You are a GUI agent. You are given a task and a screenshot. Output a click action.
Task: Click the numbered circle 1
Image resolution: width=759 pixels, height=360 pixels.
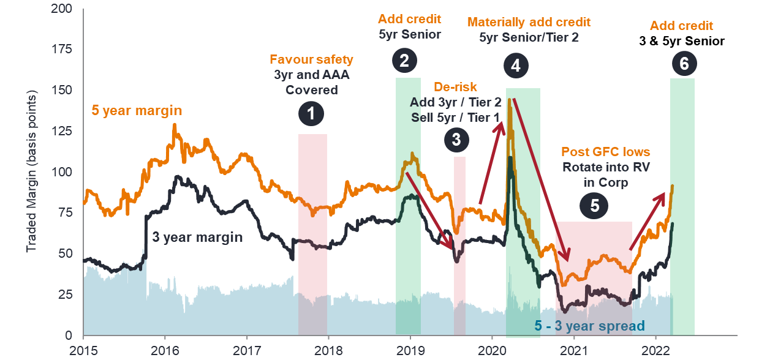click(312, 114)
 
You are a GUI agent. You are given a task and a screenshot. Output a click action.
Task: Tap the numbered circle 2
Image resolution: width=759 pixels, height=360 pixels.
click(404, 61)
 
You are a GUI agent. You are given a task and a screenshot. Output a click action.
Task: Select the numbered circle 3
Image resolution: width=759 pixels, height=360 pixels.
click(456, 139)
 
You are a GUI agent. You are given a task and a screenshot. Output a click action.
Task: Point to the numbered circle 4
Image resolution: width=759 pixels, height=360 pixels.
click(516, 66)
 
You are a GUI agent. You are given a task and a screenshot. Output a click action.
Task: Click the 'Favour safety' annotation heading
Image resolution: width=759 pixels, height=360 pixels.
click(311, 60)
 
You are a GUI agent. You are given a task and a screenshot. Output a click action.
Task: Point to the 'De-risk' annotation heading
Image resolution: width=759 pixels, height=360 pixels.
click(455, 87)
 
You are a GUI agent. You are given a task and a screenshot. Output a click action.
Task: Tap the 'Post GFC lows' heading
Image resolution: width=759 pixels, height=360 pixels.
click(605, 152)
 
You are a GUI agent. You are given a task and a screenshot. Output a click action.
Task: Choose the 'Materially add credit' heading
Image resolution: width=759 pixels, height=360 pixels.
click(529, 23)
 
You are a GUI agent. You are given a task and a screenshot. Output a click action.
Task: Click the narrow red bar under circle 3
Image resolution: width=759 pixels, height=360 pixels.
click(459, 202)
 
